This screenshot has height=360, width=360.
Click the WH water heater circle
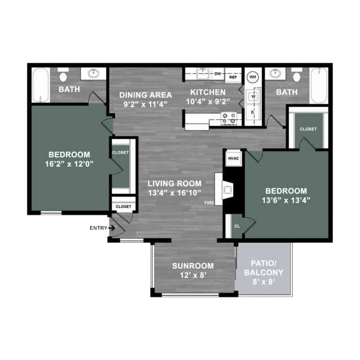pos(253,77)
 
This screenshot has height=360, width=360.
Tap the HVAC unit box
pos(233,158)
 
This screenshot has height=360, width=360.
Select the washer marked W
pos(254,96)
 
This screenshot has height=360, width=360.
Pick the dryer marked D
pos(254,112)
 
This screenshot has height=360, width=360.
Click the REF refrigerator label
pos(233,77)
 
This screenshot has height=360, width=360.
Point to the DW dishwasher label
pos(217,74)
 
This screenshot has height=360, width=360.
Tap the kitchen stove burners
pos(229,118)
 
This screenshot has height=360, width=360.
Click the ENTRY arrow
pos(112,228)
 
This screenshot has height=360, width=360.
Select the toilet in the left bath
pos(63,75)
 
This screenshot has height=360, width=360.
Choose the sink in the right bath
pos(275,74)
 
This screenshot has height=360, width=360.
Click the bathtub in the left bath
pos(41,85)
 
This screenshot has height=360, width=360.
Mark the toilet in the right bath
pos(297,75)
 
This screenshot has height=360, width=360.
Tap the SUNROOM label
pos(193,266)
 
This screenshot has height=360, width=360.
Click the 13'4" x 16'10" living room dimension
pos(175,193)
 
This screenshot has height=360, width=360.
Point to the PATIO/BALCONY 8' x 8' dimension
pos(264,282)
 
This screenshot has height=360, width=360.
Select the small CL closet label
pos(237,226)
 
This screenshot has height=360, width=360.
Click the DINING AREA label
pos(145,95)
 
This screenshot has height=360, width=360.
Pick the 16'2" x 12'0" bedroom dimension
pos(69,164)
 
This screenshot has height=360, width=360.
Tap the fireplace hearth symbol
pos(227,190)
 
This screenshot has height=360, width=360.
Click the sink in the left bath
pos(94,73)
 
